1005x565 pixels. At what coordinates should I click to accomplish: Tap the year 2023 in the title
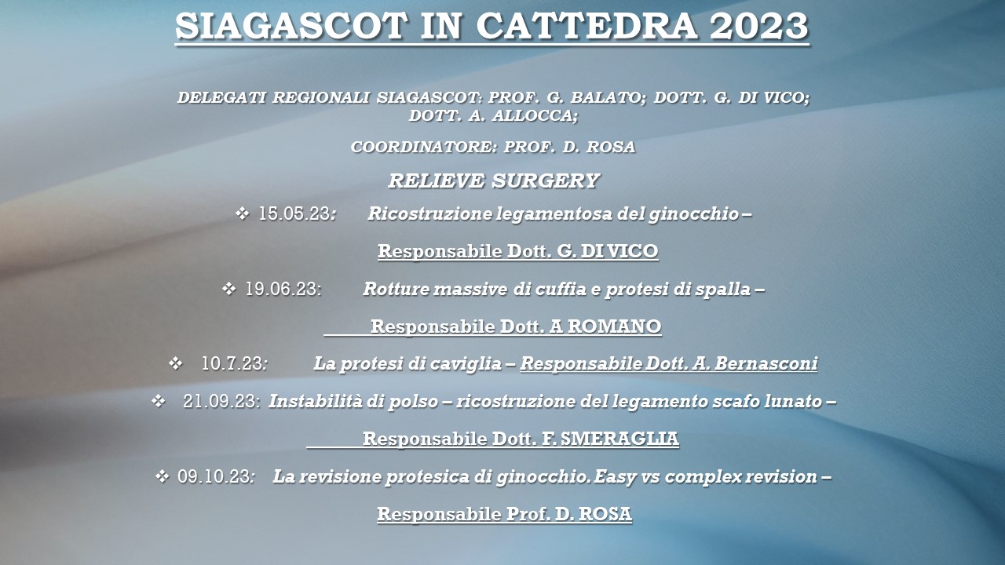coord(758,26)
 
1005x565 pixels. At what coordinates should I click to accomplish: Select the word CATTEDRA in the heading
coord(587,26)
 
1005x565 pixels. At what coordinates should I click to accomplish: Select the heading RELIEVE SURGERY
coord(494,180)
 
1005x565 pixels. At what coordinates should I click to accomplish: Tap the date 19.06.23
coord(282,289)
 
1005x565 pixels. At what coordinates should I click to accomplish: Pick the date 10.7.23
coord(233,363)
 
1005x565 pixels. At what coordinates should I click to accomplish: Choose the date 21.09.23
coord(221,401)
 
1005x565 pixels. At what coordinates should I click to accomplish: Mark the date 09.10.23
coord(215,476)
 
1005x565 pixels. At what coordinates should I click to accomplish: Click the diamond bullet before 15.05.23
coord(243,213)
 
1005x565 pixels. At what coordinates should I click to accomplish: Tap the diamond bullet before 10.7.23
coord(176,363)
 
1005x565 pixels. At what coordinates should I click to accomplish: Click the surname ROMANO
coord(614,326)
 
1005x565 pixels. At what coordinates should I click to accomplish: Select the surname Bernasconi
coord(766,363)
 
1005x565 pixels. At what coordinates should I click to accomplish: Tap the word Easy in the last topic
coord(615,476)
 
